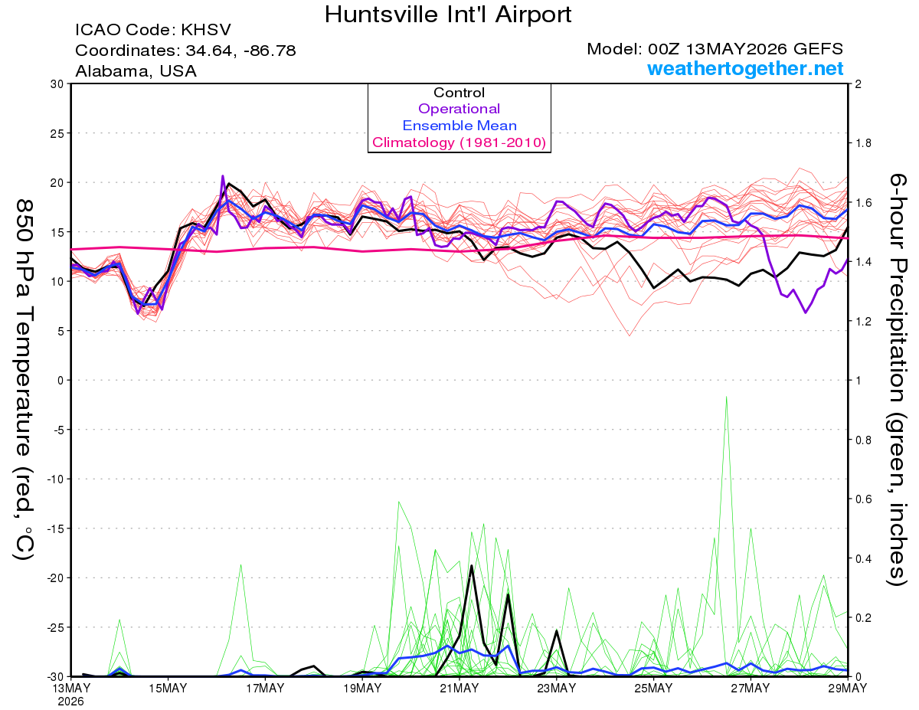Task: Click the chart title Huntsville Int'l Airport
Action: (448, 15)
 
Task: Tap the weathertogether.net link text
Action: (745, 68)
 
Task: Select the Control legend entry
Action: (459, 93)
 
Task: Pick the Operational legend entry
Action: (459, 109)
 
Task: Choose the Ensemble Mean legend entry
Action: (459, 126)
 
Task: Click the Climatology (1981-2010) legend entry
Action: (459, 142)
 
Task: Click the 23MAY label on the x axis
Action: (557, 689)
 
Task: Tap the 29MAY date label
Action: (848, 689)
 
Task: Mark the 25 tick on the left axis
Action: (57, 133)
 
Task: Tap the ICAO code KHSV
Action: (206, 30)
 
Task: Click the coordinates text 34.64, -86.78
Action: (240, 51)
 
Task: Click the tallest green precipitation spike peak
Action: (726, 397)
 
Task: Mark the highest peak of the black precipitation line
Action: (472, 565)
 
